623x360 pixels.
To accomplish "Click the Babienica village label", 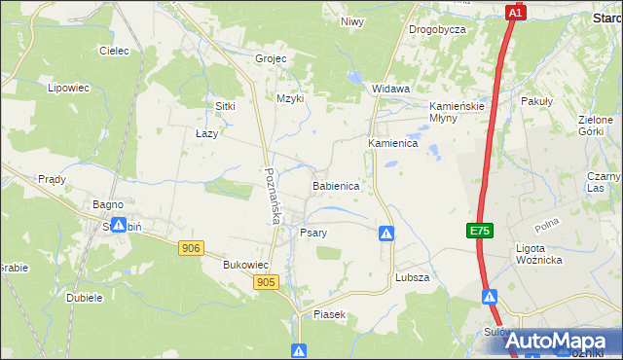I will (336, 185).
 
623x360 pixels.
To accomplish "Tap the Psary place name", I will (312, 234).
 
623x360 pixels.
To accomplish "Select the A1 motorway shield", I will (516, 13).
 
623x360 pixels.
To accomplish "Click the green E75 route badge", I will (478, 231).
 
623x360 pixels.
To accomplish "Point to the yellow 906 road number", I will (191, 249).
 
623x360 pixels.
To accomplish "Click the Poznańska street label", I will (272, 196).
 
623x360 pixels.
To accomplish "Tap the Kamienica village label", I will (392, 143).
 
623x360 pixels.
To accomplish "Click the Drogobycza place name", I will (437, 29).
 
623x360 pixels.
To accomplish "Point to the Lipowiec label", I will (68, 88).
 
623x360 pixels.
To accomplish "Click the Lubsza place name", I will (413, 277).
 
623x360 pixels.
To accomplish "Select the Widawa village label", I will (390, 89).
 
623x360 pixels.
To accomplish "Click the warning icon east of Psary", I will (386, 234).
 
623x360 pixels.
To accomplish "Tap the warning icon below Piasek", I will (299, 350).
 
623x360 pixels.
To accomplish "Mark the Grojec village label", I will (271, 58).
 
